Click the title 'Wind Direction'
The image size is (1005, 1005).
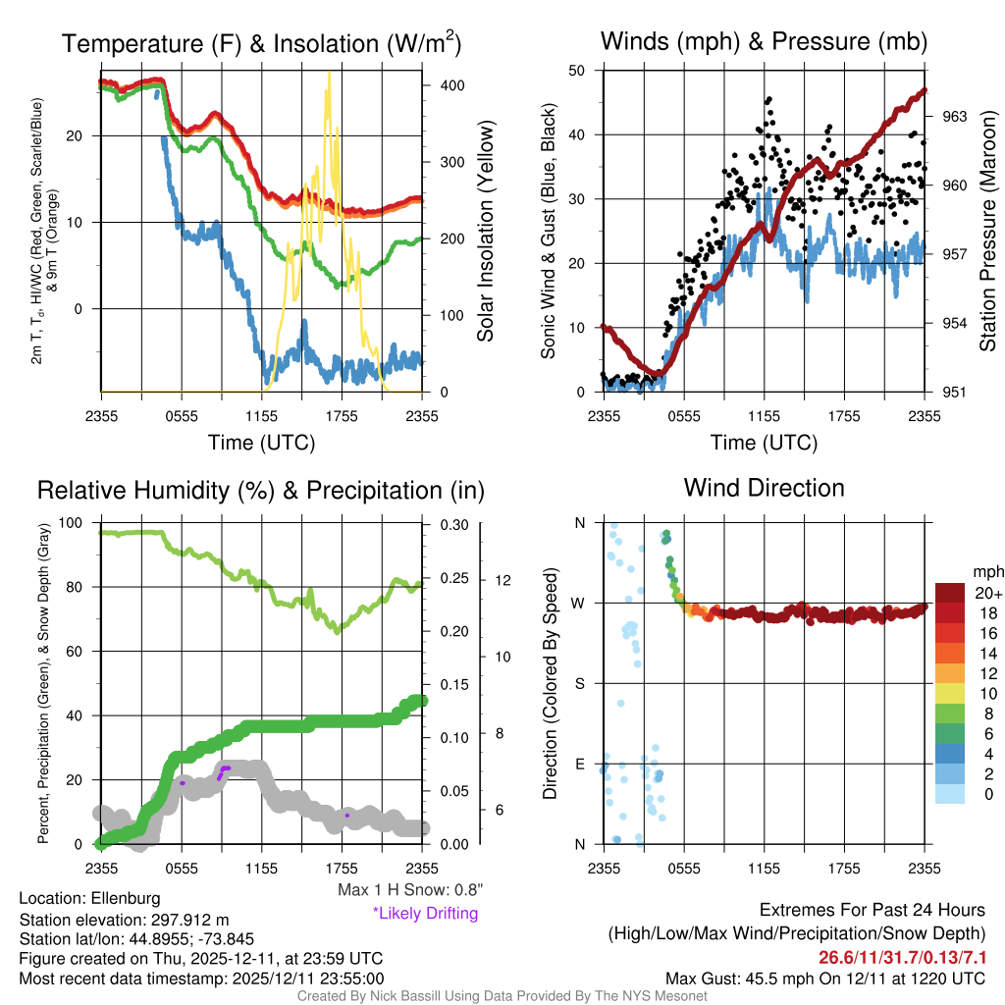[764, 488]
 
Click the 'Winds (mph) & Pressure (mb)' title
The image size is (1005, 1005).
[764, 42]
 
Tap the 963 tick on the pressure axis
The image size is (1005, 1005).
[955, 116]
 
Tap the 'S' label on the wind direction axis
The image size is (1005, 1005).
[579, 683]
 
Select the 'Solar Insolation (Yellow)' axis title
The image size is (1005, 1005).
[485, 232]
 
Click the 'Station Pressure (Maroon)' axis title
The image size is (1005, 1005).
[987, 232]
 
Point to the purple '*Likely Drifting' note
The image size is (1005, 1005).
[425, 914]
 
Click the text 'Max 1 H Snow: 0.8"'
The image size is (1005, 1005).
[409, 890]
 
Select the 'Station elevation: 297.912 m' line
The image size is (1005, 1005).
[124, 920]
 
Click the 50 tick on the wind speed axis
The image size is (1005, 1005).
[577, 71]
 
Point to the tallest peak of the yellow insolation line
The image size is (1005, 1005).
[329, 74]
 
